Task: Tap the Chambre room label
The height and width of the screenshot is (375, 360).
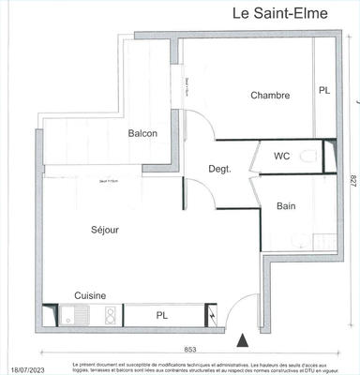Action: [x=270, y=95]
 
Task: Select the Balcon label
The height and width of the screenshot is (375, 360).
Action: [x=142, y=133]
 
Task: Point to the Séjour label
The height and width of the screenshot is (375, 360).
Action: [x=105, y=230]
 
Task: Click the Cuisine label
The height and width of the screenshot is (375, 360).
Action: [x=90, y=295]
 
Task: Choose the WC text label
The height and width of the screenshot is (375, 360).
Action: [x=281, y=157]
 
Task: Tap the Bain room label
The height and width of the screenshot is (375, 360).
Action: [x=287, y=205]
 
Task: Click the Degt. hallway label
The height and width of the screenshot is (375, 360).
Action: [x=220, y=169]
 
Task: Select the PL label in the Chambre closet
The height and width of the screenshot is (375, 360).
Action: [x=324, y=91]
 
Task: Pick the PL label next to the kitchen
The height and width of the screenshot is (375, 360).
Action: [x=162, y=316]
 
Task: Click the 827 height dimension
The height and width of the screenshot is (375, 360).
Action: [x=352, y=190]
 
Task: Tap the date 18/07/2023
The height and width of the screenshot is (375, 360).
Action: [x=22, y=368]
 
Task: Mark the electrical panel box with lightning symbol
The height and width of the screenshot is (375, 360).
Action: [x=216, y=316]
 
